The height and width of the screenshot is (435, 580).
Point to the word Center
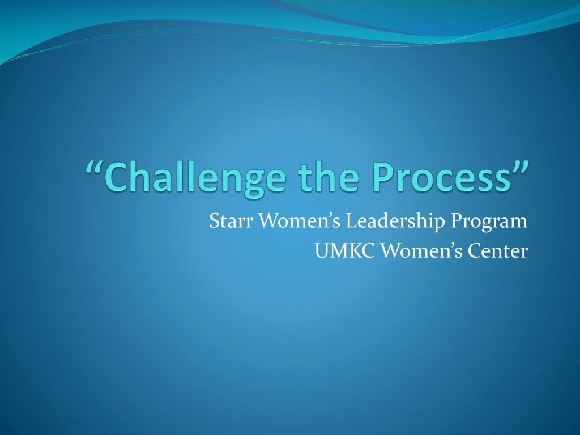click(497, 250)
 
